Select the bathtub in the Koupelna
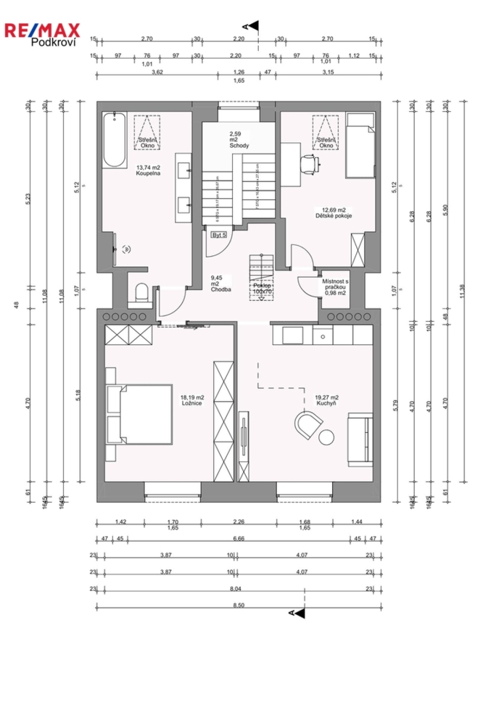[114, 141]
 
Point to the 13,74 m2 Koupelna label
[147, 170]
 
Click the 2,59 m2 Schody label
[239, 140]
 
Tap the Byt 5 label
[219, 235]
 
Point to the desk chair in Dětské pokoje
[310, 164]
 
